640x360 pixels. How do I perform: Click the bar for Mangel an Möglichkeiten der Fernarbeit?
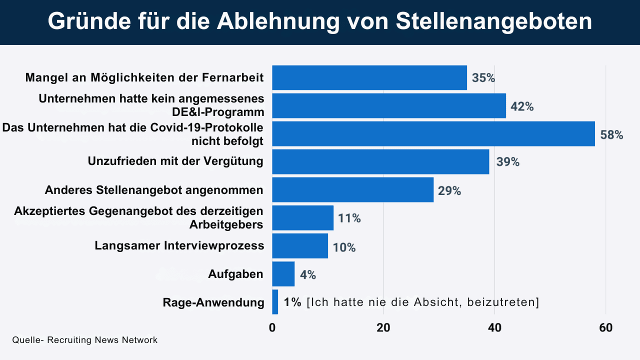(x=369, y=77)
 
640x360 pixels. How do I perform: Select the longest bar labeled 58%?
(x=433, y=133)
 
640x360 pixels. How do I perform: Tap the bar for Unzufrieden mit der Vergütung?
(x=380, y=161)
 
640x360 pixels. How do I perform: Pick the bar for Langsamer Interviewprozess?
(x=300, y=246)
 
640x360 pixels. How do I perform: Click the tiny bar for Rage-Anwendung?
(x=275, y=302)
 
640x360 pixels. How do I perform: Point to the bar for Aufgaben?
(x=283, y=274)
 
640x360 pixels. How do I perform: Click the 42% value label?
(x=522, y=106)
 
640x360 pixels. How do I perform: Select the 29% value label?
(x=449, y=190)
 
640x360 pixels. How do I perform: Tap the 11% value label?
(x=349, y=218)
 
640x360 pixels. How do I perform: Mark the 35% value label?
(x=483, y=78)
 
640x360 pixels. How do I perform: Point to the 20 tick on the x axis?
(x=383, y=328)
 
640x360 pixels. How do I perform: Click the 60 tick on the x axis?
(x=605, y=328)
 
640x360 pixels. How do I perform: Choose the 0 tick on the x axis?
(x=272, y=328)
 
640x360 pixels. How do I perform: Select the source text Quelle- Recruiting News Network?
(x=85, y=340)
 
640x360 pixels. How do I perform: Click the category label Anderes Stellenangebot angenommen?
(x=154, y=190)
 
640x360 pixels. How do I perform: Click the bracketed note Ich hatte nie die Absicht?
(x=423, y=302)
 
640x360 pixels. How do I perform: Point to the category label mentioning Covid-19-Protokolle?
(x=133, y=134)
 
